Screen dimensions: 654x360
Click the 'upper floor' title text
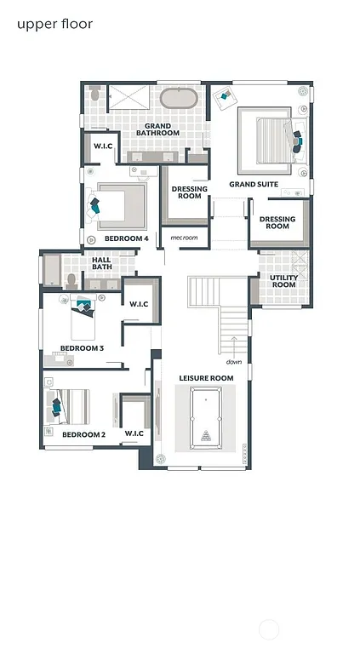(x=54, y=24)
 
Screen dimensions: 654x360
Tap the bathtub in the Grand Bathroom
(x=180, y=98)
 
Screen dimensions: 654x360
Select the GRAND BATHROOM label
(x=158, y=129)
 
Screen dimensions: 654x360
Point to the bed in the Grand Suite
(x=271, y=137)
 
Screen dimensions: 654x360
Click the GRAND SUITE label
(x=254, y=184)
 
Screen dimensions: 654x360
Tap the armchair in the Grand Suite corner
(x=224, y=96)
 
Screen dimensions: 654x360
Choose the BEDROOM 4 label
(x=126, y=238)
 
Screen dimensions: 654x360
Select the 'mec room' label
(x=184, y=238)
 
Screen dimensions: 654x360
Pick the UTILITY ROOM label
(x=283, y=281)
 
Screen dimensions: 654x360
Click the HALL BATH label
(x=101, y=264)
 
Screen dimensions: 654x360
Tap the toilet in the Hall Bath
(x=72, y=278)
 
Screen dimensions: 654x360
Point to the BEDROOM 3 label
(x=82, y=347)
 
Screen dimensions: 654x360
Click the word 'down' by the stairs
(x=234, y=361)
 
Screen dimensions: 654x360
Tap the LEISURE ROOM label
(x=205, y=377)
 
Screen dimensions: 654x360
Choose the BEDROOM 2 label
(x=83, y=434)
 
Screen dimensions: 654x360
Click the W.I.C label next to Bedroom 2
(x=134, y=434)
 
